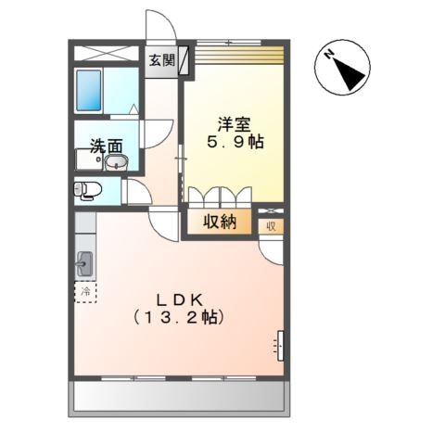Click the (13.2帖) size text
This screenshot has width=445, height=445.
point(181,316)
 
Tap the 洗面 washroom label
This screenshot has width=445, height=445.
point(106,146)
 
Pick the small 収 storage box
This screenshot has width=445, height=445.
point(272,223)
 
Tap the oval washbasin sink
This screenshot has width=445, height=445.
point(117,164)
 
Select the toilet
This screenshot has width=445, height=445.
point(86,191)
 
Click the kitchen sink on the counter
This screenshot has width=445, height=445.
point(84,262)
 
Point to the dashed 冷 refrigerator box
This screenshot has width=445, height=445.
point(84,293)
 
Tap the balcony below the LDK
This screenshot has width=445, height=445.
point(177,400)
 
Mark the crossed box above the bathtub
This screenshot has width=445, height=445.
point(105,54)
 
